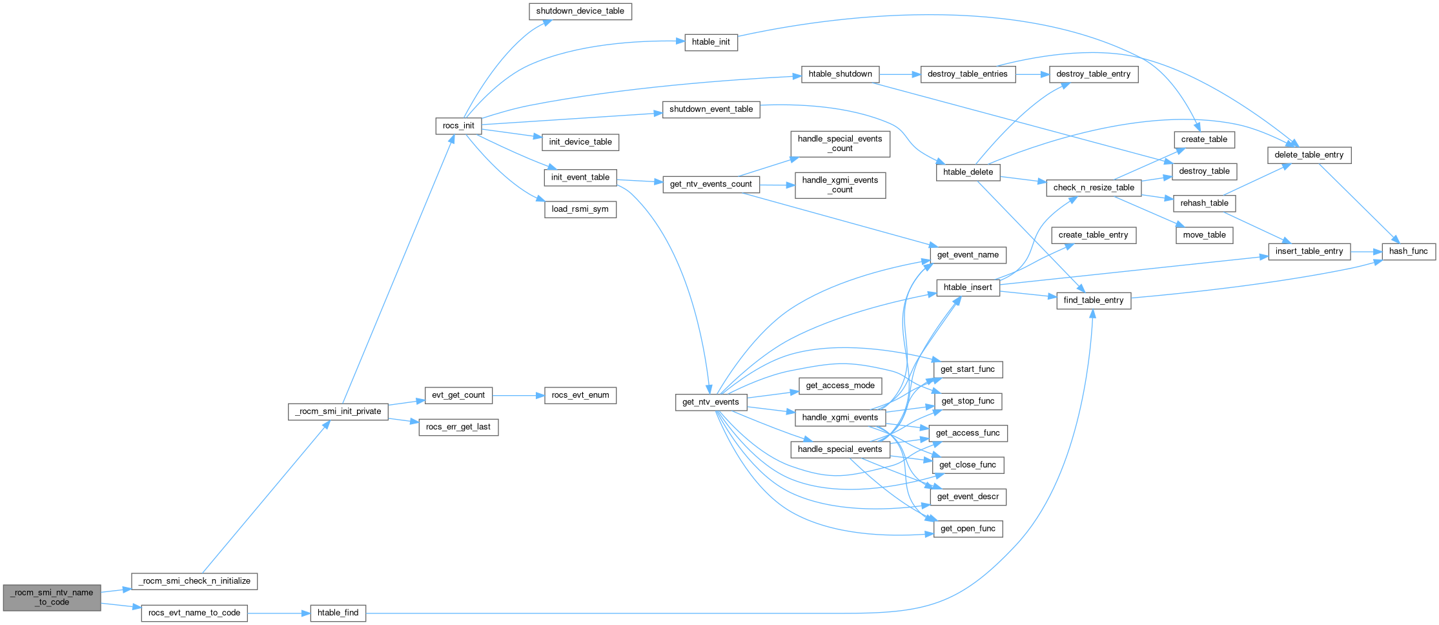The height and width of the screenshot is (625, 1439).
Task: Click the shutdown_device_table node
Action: (x=580, y=12)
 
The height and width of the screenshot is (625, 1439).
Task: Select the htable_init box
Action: (x=711, y=43)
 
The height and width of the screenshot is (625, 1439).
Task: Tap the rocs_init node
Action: (x=458, y=126)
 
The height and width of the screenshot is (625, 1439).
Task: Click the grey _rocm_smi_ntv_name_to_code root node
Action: (x=52, y=597)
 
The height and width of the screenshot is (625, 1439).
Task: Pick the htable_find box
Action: (x=338, y=613)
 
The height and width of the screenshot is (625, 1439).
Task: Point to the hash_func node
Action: (x=1408, y=251)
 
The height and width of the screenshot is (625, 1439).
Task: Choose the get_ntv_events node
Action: (x=710, y=402)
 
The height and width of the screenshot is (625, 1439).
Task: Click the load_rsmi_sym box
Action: (x=580, y=209)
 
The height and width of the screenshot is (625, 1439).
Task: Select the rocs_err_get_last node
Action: (x=458, y=427)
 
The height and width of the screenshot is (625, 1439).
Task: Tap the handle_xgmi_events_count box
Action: (x=840, y=185)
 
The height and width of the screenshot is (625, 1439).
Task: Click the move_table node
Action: (x=1204, y=235)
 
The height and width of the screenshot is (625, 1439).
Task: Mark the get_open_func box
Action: (x=968, y=529)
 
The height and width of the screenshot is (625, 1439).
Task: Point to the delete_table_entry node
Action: (x=1309, y=155)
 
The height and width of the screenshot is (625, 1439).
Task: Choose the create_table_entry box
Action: (x=1093, y=235)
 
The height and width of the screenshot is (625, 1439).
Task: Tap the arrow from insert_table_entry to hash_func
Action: (x=1365, y=251)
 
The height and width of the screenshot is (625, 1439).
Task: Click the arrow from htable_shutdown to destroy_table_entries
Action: (x=899, y=74)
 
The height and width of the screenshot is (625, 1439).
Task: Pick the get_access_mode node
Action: (x=840, y=386)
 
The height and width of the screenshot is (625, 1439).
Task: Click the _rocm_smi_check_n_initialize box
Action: (x=194, y=581)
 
